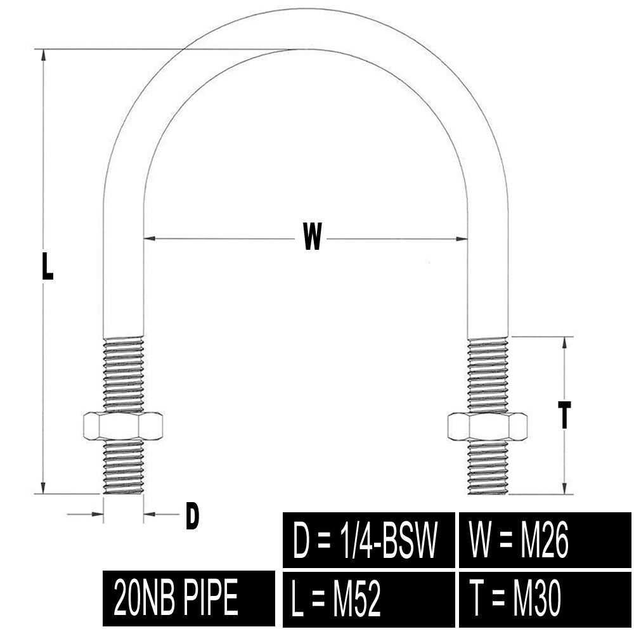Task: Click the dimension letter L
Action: (x=48, y=266)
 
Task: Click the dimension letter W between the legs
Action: (x=312, y=236)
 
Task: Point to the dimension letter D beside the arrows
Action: (x=192, y=515)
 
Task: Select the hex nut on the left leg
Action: (x=123, y=426)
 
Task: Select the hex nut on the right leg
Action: (x=488, y=426)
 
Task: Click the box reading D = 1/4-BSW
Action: (x=369, y=540)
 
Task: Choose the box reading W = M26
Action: (x=545, y=540)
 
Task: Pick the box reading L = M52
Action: (x=369, y=599)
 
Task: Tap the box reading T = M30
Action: (x=545, y=599)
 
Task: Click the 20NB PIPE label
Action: (x=189, y=598)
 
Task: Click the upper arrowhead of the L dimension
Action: (x=42, y=55)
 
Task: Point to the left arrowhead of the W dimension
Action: (x=150, y=238)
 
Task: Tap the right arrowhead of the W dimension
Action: (x=462, y=238)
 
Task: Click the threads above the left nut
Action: (x=124, y=374)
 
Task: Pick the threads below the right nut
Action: (x=488, y=467)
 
